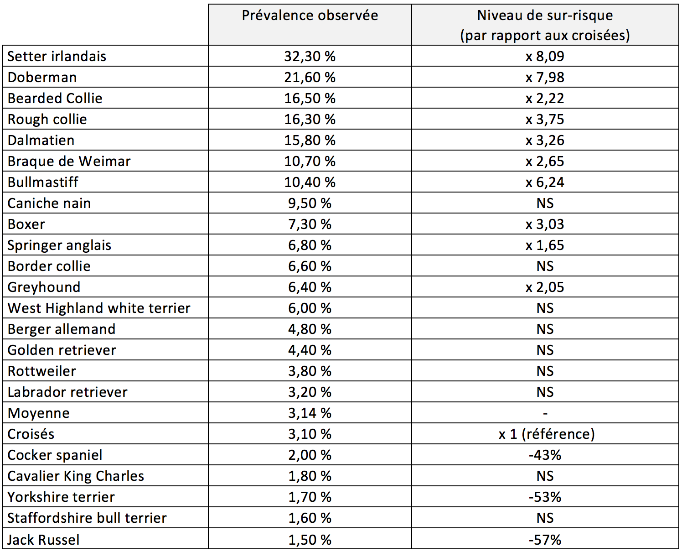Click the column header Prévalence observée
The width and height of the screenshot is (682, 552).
point(310,16)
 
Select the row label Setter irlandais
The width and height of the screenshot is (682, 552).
point(57,57)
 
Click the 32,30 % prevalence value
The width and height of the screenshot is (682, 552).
point(310,57)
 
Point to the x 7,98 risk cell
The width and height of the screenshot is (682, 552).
point(545,78)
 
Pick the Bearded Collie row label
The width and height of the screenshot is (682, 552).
point(55,99)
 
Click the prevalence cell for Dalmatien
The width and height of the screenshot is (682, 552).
point(310,141)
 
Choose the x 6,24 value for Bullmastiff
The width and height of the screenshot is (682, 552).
point(545,182)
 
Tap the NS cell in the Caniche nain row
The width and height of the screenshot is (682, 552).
point(545,203)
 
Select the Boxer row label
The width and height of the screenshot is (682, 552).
point(26,224)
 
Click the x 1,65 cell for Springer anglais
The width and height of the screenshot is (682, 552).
point(545,245)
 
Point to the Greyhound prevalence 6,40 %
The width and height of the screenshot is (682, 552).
point(310,287)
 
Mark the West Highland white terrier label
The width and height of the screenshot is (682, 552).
point(99,308)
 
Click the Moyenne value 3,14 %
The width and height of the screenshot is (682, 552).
point(310,413)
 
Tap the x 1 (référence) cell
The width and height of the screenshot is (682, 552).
point(547,434)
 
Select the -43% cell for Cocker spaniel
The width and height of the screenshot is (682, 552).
point(545,455)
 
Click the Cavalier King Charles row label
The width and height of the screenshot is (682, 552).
point(76,476)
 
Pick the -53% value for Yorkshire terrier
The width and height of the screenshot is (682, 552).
point(545,497)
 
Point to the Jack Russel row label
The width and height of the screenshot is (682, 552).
point(43,540)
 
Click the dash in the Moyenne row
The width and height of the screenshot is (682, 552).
point(545,414)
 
